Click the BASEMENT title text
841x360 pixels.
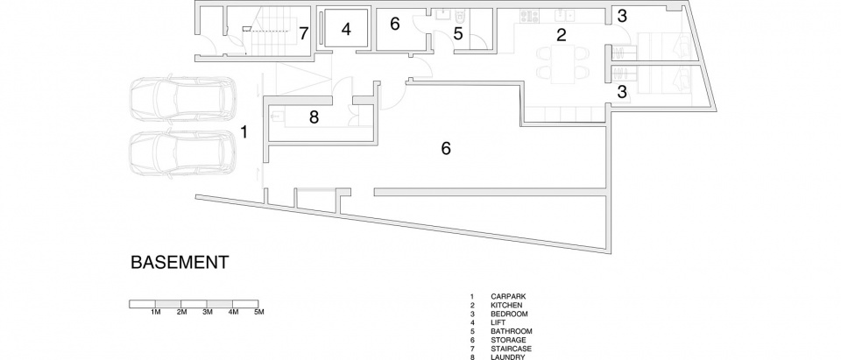click(x=180, y=263)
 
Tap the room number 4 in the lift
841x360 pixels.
click(x=346, y=30)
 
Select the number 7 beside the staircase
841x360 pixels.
click(x=304, y=34)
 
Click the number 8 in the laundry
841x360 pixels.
click(x=314, y=117)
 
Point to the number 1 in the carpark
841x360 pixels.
click(x=244, y=132)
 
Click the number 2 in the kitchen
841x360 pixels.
click(x=561, y=35)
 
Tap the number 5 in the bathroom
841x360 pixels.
click(x=457, y=34)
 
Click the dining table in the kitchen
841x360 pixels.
click(x=562, y=63)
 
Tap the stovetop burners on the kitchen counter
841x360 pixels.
click(x=529, y=16)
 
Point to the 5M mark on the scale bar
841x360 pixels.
click(x=258, y=312)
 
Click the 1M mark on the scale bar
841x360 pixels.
click(x=155, y=312)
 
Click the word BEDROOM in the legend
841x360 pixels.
click(x=509, y=314)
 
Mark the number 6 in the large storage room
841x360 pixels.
click(x=446, y=149)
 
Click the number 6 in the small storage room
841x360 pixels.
click(x=395, y=25)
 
